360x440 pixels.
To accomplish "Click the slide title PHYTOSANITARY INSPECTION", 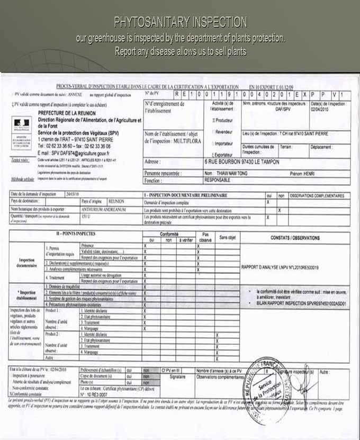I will pyautogui.click(x=180, y=22).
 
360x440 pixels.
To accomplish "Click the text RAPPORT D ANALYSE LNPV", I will pyautogui.click(x=280, y=268).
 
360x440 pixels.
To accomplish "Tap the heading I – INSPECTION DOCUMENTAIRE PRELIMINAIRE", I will pyautogui.click(x=189, y=195).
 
